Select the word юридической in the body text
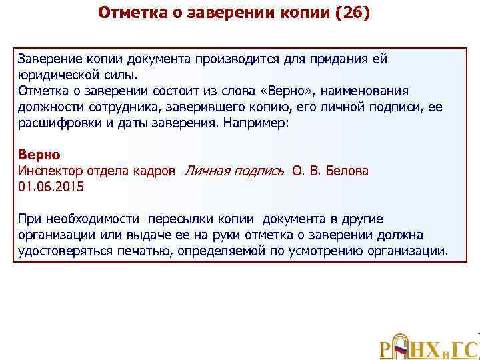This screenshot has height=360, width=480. point(56,75)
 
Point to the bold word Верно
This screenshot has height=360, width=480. point(39,155)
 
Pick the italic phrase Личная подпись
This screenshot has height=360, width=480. point(233,171)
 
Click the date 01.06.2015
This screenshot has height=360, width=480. point(51,187)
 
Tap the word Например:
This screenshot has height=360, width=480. point(276,123)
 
